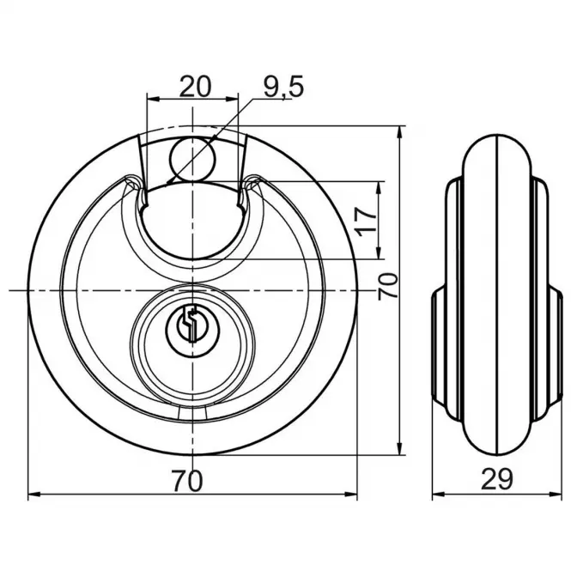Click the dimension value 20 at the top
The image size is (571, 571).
tap(195, 87)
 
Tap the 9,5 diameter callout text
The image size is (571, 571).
tap(283, 88)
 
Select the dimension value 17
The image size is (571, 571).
tap(367, 222)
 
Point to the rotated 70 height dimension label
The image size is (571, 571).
tap(387, 286)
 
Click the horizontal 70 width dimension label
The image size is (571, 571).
tap(187, 481)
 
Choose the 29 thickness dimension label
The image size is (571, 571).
tap(496, 479)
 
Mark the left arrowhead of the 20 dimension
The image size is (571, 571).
tap(152, 99)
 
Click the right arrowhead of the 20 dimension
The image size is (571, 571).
tap(233, 99)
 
